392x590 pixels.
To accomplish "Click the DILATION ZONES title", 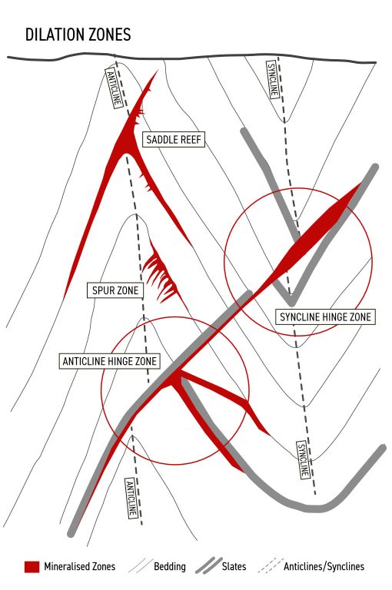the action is point(78,35).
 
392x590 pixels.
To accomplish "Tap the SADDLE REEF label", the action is point(174,140).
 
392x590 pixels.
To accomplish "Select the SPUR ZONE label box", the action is point(115,290).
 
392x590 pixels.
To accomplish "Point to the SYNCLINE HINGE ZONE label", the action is point(325,317).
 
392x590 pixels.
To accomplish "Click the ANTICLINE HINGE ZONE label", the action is point(110,361).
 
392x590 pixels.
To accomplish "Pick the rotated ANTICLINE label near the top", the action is point(115,88).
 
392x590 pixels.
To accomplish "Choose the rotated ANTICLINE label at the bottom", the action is point(131,498).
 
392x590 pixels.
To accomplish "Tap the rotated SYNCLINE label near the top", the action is point(273,80).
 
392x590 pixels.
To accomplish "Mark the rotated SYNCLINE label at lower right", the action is point(304,460).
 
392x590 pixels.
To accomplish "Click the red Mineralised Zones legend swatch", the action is point(32,567).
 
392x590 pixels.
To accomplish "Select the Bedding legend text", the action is point(169,567).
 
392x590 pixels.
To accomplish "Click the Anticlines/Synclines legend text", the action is point(324,567).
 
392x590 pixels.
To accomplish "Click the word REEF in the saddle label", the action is point(190,140).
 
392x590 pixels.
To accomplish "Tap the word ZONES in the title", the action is point(111,35).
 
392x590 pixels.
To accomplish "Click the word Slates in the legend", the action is point(234,567).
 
